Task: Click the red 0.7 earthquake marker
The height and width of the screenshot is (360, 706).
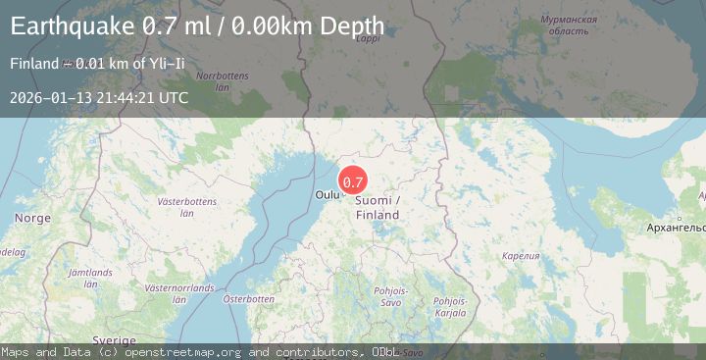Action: (x=353, y=181)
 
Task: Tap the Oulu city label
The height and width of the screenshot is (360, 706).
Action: (x=327, y=195)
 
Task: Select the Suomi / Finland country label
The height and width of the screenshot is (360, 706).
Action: (x=378, y=207)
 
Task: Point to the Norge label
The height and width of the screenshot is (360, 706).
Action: (x=32, y=218)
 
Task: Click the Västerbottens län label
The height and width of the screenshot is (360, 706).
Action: (x=186, y=206)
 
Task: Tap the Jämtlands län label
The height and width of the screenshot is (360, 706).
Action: (x=90, y=277)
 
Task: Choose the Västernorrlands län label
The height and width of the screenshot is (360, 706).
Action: (x=178, y=294)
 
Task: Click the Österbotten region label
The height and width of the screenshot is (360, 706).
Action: (x=248, y=298)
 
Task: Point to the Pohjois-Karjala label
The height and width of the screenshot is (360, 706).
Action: (x=450, y=307)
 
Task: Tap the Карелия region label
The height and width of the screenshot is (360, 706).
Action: (x=521, y=256)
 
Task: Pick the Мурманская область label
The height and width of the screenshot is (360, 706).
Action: (x=571, y=26)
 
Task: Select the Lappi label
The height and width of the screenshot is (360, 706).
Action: (x=368, y=38)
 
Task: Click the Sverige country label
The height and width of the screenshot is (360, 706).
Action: (x=115, y=339)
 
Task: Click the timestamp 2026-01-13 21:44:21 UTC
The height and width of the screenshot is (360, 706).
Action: (x=99, y=97)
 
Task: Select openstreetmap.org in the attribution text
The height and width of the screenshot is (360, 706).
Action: (x=185, y=351)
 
